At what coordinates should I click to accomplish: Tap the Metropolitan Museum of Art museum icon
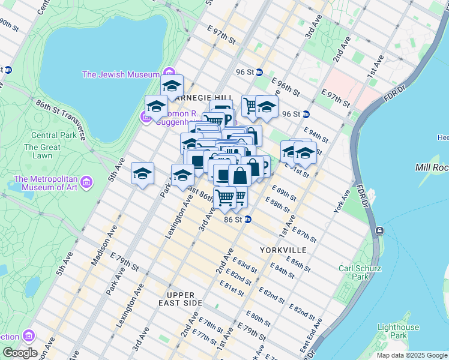coord(86,181)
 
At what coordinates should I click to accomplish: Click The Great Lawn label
coord(42,151)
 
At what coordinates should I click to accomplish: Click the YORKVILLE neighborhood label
coord(283,250)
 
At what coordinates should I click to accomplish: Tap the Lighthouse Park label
coord(398,331)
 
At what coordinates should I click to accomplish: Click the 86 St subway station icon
coord(247,220)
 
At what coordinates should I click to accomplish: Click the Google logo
coord(20,353)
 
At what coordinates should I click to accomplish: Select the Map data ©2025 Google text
coord(412,355)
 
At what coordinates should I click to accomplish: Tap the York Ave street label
coord(342,201)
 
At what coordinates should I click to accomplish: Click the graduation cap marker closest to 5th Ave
coord(142,173)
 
